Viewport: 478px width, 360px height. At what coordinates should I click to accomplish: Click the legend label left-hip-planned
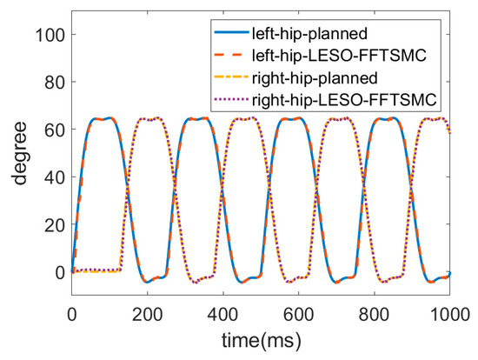309,34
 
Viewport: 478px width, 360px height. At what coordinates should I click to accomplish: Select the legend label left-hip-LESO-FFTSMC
339,56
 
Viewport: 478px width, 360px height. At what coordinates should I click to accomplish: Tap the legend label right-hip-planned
315,77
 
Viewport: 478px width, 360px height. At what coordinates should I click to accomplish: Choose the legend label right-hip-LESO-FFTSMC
344,99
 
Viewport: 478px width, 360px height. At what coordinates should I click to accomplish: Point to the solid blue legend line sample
231,33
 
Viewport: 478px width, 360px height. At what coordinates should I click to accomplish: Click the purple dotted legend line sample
231,99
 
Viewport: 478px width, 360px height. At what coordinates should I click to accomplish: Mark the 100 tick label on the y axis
50,35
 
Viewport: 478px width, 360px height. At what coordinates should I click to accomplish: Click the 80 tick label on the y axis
55,82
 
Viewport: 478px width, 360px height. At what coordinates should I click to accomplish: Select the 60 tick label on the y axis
55,130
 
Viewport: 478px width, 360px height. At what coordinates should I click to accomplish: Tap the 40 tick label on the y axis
55,177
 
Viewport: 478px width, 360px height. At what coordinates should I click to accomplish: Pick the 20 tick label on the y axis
55,224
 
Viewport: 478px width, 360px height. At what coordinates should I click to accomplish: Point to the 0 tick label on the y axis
60,272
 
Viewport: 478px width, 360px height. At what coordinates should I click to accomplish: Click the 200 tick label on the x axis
147,314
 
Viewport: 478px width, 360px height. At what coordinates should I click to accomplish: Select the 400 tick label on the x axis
222,314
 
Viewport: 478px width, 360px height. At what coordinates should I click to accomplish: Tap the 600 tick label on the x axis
298,314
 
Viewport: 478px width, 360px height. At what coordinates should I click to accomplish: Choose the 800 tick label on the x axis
374,314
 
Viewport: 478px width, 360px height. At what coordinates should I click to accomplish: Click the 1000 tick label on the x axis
449,314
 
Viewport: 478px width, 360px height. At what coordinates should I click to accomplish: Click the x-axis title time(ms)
262,341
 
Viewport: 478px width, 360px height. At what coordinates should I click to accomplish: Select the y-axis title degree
20,153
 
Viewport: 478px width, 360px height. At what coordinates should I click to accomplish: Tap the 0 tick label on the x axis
71,314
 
